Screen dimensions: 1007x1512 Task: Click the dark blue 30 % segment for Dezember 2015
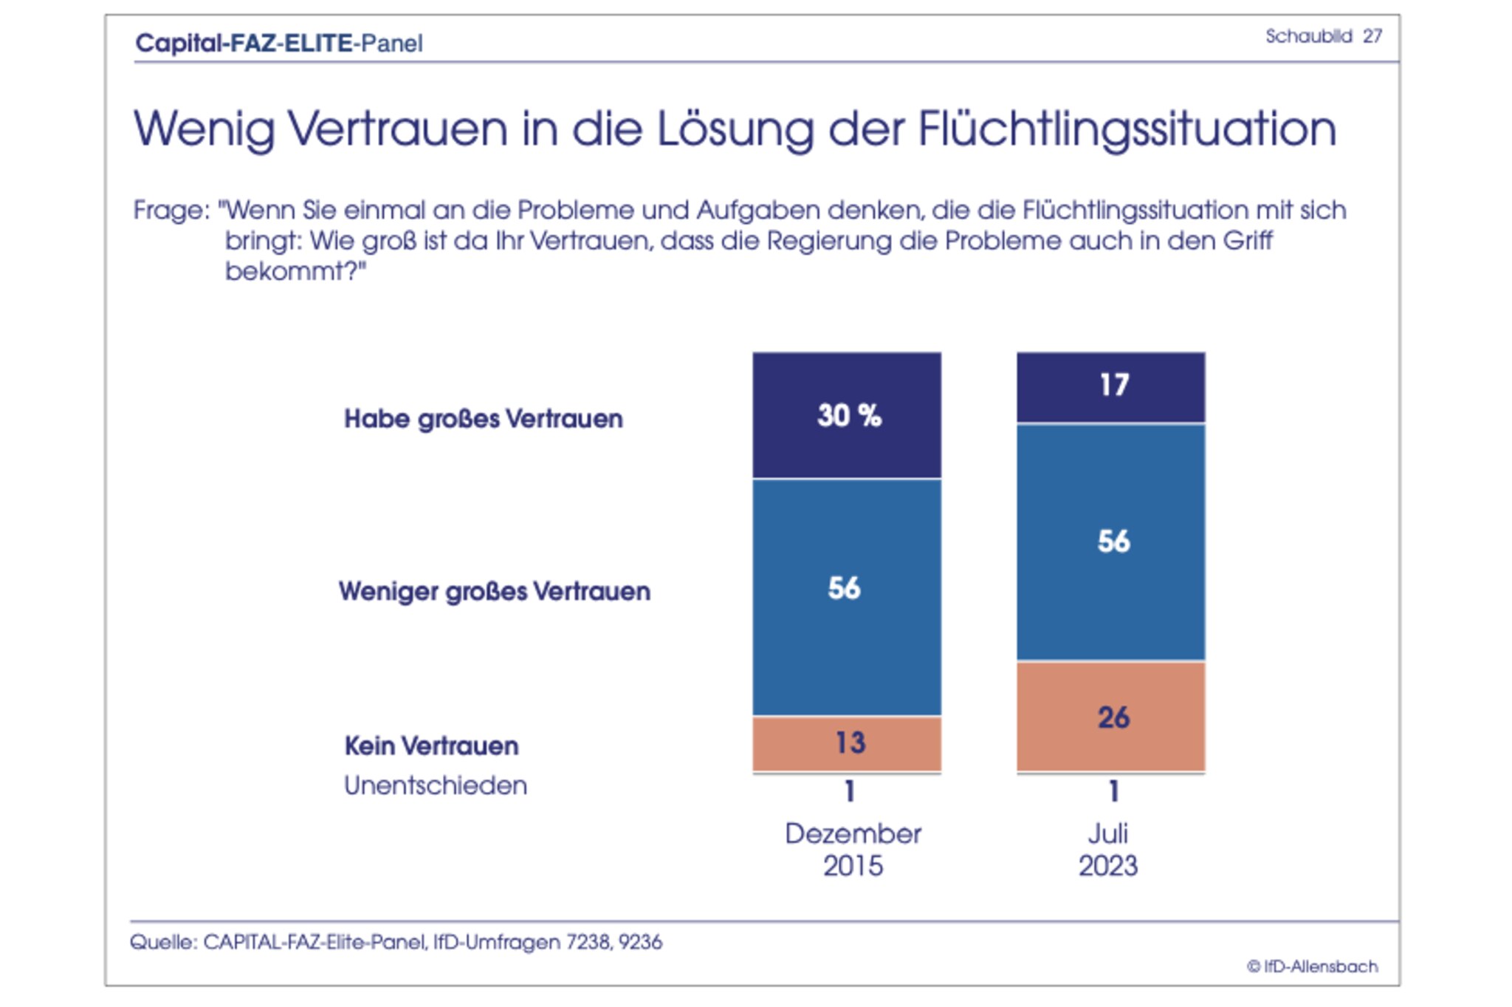(847, 415)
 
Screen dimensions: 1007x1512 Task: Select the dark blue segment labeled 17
(1110, 386)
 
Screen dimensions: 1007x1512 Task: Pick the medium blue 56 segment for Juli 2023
(1110, 542)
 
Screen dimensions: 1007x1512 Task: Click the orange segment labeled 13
(847, 743)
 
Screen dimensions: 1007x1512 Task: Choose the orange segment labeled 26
(1110, 717)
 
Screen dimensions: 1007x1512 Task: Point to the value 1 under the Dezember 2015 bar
(850, 791)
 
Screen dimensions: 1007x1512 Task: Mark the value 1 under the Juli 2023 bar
(1113, 791)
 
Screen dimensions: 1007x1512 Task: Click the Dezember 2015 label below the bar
(853, 850)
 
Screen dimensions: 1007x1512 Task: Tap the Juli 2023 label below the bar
(1107, 850)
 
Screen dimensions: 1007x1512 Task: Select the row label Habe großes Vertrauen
(483, 419)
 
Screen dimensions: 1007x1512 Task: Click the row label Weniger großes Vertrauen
(494, 592)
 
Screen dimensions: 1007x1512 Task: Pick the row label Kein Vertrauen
(431, 746)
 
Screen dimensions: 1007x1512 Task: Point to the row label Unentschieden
(436, 785)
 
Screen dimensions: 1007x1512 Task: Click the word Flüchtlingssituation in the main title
(1127, 129)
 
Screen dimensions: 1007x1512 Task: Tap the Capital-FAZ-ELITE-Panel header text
(279, 43)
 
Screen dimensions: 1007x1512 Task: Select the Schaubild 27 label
(1323, 36)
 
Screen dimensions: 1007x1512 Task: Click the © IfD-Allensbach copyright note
(1312, 966)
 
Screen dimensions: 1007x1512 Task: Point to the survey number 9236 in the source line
(640, 942)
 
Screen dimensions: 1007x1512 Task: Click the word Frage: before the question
(171, 211)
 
